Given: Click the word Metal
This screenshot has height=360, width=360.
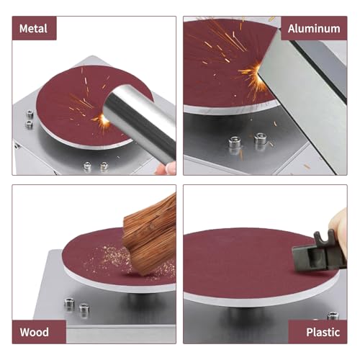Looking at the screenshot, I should pyautogui.click(x=35, y=29).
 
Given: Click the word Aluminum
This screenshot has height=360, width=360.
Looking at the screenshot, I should pyautogui.click(x=314, y=29).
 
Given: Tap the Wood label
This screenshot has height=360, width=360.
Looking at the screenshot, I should pyautogui.click(x=35, y=332).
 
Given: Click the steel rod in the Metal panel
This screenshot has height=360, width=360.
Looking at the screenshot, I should pyautogui.click(x=140, y=119).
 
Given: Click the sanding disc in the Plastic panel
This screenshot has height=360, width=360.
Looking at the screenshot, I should pyautogui.click(x=245, y=263).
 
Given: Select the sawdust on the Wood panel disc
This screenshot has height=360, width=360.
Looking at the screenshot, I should pyautogui.click(x=108, y=256).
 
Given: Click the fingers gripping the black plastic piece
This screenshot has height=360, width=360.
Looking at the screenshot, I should pyautogui.click(x=341, y=230).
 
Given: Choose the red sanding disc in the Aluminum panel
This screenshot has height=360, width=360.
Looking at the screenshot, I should pyautogui.click(x=216, y=65).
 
